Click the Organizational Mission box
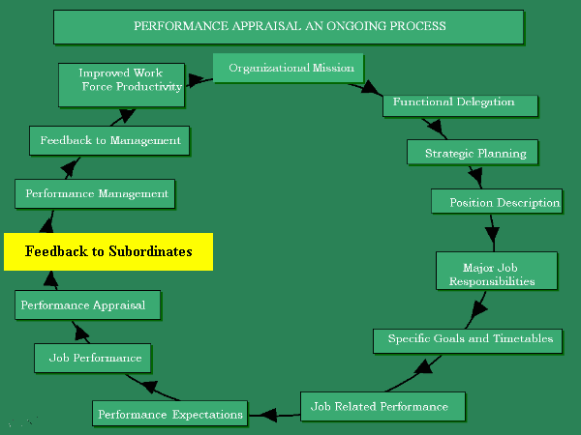tap(289, 69)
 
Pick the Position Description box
tap(496, 202)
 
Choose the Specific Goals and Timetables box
tap(470, 339)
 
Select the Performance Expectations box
tap(169, 415)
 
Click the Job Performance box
tap(94, 358)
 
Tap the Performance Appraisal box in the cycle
tap(87, 305)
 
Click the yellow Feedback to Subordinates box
tap(107, 251)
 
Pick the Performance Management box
tap(96, 193)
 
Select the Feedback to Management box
tap(108, 140)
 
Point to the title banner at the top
tap(289, 26)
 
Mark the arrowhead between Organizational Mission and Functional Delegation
tap(372, 89)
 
